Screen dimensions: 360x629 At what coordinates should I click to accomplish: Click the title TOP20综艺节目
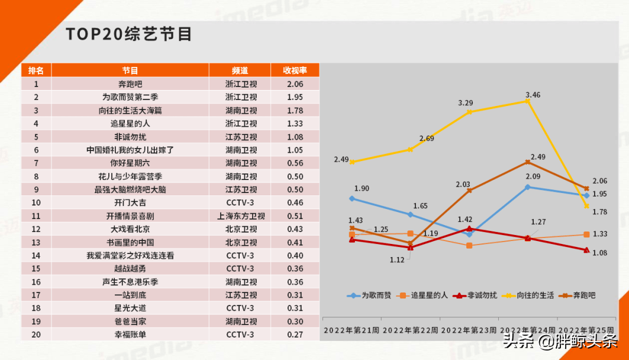coord(129,34)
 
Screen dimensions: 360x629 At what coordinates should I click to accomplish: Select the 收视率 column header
coord(295,70)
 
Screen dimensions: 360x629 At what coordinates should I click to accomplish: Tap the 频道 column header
coord(240,70)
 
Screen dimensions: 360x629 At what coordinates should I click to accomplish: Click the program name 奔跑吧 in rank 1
coord(130,84)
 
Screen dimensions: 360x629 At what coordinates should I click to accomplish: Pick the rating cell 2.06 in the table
coord(295,84)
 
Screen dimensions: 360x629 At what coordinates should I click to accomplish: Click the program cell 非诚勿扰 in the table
coord(130,137)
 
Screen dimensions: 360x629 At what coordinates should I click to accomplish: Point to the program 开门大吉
coord(130,203)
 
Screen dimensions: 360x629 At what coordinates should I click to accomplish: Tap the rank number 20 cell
coord(36,335)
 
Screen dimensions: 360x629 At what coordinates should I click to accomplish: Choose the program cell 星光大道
coord(130,308)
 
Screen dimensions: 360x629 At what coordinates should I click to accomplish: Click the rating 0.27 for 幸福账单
coord(295,335)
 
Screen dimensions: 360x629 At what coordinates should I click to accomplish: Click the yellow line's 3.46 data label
coord(533,95)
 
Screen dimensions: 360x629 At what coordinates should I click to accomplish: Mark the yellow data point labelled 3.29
coord(469,111)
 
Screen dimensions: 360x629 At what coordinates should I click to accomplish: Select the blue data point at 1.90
coord(352,199)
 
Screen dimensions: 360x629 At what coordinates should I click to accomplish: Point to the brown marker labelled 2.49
coord(528,162)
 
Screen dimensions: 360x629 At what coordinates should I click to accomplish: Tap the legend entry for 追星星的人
coord(424,295)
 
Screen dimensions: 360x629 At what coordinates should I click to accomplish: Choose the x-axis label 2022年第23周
coord(469,329)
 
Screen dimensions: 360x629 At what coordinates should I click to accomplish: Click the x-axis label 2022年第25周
coord(586,329)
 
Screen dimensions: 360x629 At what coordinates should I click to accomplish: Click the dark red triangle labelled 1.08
coord(586,250)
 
